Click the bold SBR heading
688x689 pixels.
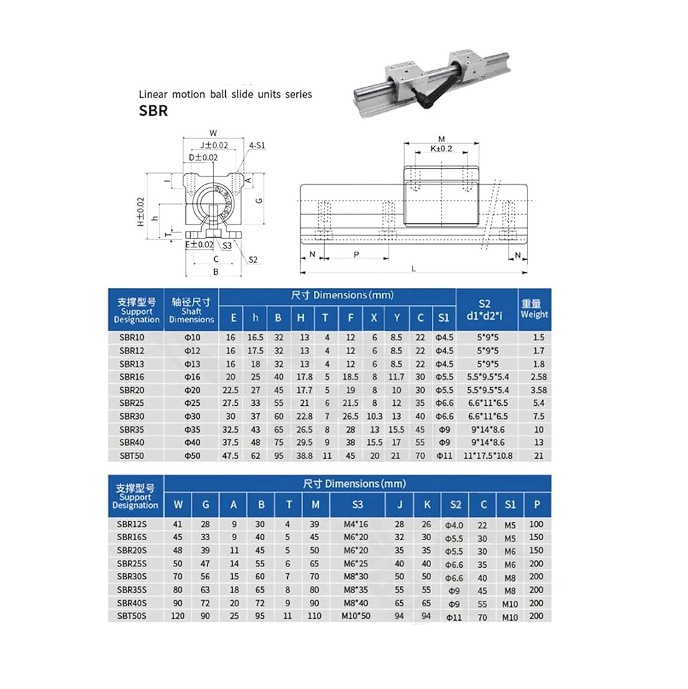coord(153,110)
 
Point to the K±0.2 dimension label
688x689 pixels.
coord(441,148)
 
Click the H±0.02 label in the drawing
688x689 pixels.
coord(140,212)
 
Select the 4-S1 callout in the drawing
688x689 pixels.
coord(257,145)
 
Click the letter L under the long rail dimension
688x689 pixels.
coord(413,269)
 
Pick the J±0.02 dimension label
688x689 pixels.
coord(213,145)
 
